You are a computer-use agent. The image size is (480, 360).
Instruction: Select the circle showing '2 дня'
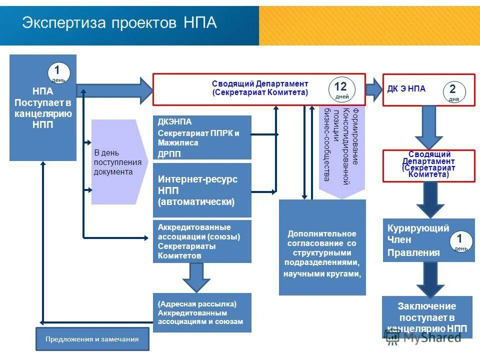coord(454,92)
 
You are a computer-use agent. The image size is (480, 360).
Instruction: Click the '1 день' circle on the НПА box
coord(58,73)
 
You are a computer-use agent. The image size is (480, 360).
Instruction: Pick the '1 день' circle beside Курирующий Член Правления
coord(461,241)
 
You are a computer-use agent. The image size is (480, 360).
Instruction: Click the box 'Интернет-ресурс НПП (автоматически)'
coord(202,190)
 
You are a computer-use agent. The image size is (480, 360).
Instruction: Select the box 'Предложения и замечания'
coord(92,339)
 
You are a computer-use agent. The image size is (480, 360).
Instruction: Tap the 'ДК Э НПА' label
coord(406,89)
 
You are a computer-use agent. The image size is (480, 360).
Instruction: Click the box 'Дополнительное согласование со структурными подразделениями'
coord(322,247)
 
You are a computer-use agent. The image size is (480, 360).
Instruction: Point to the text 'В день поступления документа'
coord(117,162)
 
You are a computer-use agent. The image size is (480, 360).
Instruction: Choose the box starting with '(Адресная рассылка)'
coord(202,312)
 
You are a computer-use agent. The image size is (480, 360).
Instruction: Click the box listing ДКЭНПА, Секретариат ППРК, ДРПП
coord(202,137)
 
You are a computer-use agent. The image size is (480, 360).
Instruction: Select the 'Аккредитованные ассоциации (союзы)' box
coord(202,241)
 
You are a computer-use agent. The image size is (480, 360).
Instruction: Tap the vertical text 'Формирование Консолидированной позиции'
coord(342,145)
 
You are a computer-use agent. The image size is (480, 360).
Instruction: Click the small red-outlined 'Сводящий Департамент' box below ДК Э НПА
coord(428,165)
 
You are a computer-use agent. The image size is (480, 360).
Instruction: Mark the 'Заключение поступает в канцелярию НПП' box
coord(427,316)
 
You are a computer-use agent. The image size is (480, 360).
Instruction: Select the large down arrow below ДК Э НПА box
coord(428,127)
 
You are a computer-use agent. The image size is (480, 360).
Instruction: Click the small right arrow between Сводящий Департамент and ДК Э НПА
coord(373,89)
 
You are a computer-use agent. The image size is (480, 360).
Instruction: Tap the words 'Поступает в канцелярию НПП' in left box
coord(43,114)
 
